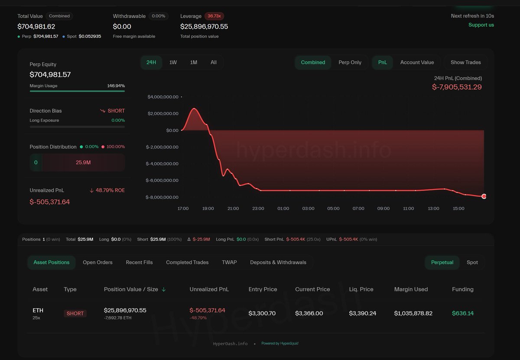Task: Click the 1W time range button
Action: pos(173,62)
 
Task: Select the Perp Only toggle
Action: pos(350,62)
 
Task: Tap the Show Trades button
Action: pos(465,62)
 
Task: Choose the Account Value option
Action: pos(417,62)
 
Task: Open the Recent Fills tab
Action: pos(139,262)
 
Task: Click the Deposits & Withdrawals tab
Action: pos(278,262)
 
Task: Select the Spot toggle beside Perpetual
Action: pos(472,262)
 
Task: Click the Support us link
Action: pos(481,25)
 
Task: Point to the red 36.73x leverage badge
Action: pos(214,16)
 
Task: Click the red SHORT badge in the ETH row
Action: pos(75,314)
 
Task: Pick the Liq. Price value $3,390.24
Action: pos(362,313)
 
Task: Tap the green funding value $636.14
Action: pos(463,313)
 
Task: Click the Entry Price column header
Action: pos(263,289)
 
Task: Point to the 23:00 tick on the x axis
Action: pos(258,209)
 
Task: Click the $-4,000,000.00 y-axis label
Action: pos(162,164)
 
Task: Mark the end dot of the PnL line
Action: pos(484,196)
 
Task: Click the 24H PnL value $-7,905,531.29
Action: pos(457,87)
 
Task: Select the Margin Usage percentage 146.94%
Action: pos(116,86)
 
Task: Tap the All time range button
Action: pos(214,62)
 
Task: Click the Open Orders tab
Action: pos(97,262)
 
